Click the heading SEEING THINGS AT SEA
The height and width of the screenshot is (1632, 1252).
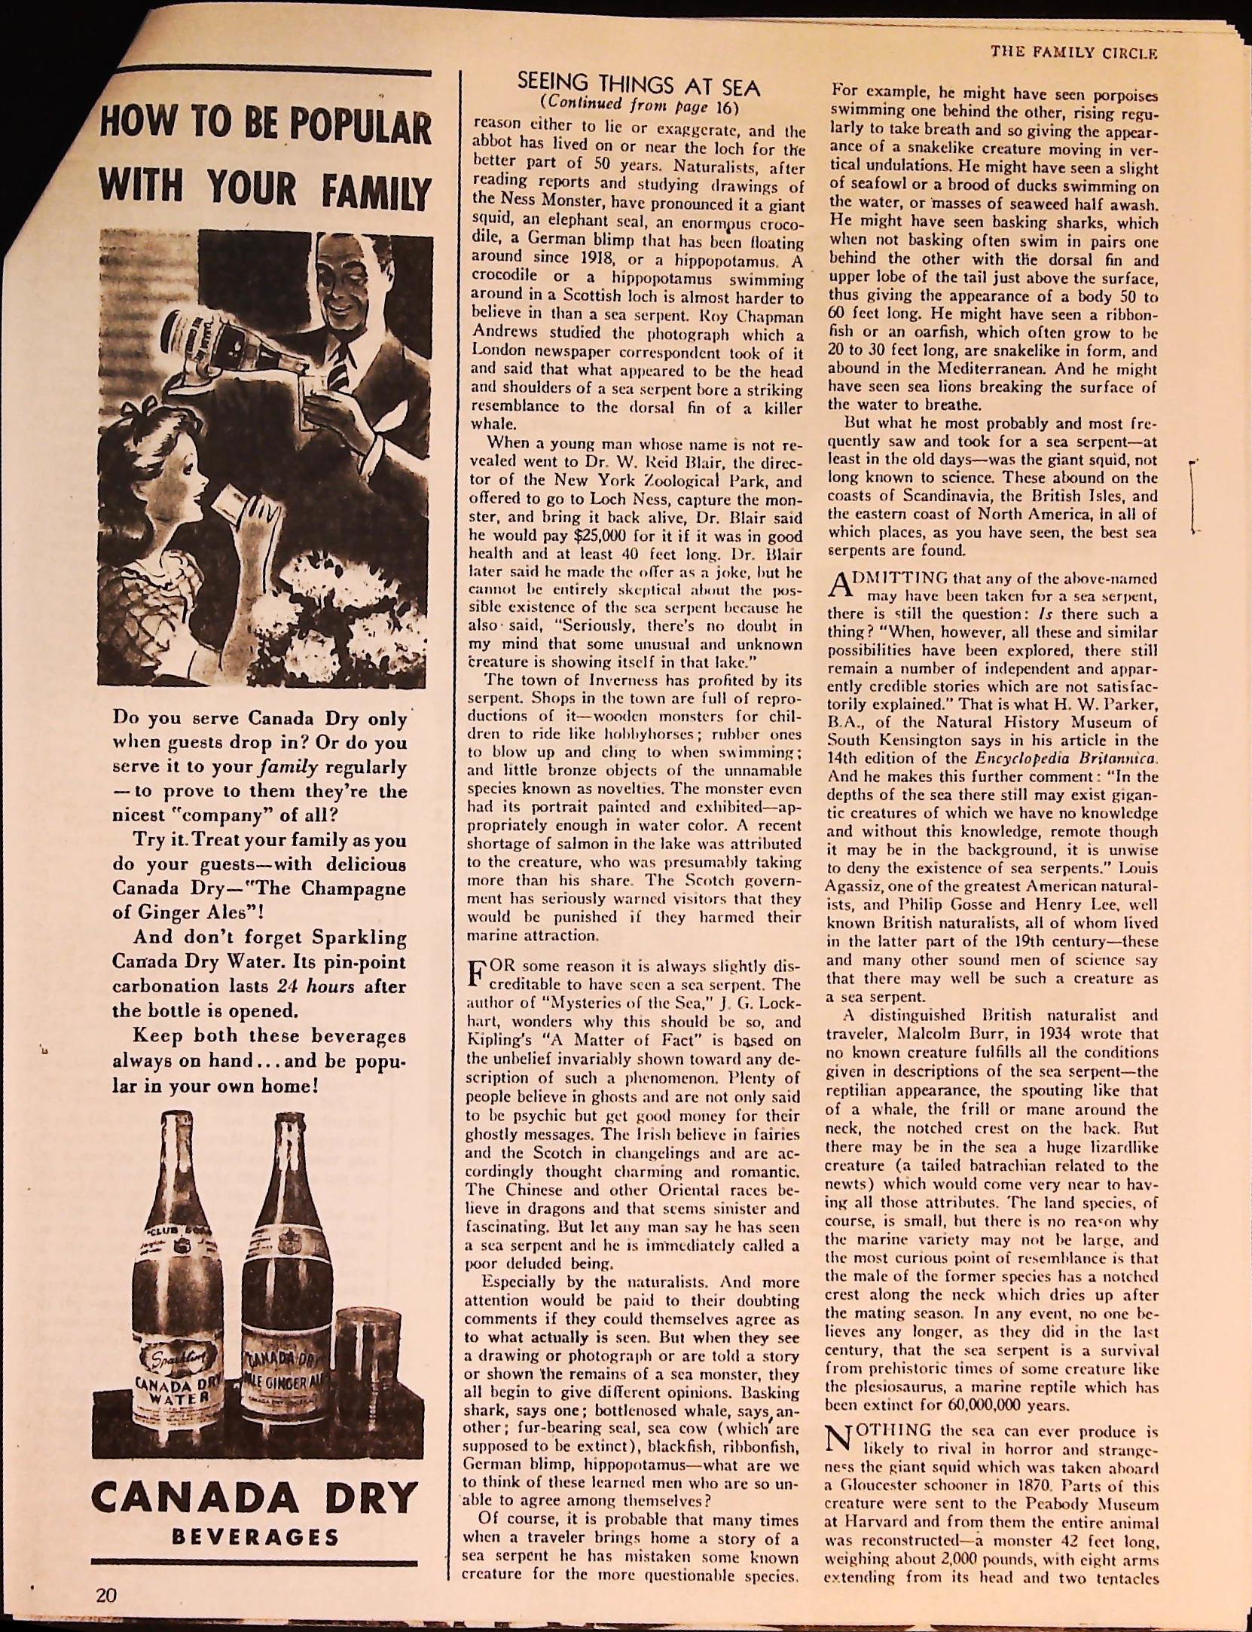[640, 85]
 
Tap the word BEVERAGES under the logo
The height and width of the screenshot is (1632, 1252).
[255, 1537]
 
